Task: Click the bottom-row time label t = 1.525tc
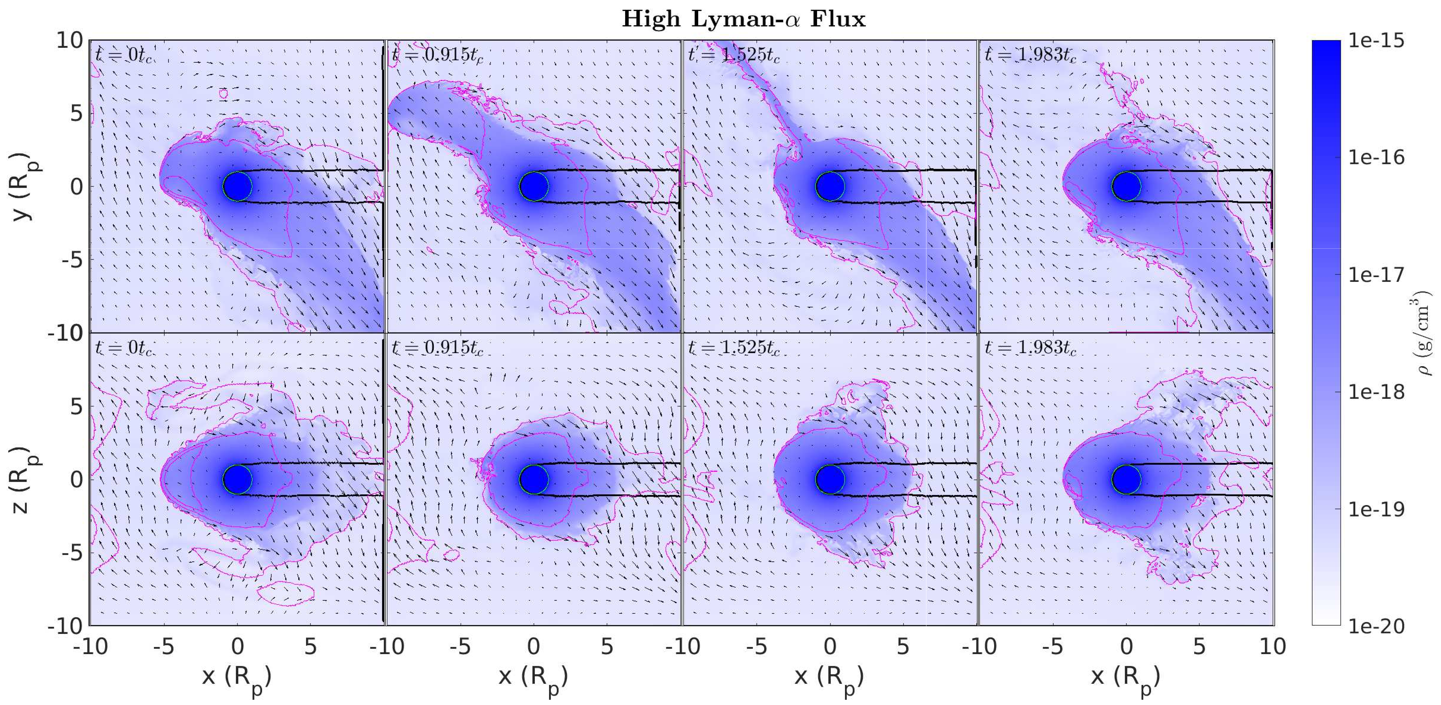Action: coord(733,348)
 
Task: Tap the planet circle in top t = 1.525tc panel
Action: coord(830,186)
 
